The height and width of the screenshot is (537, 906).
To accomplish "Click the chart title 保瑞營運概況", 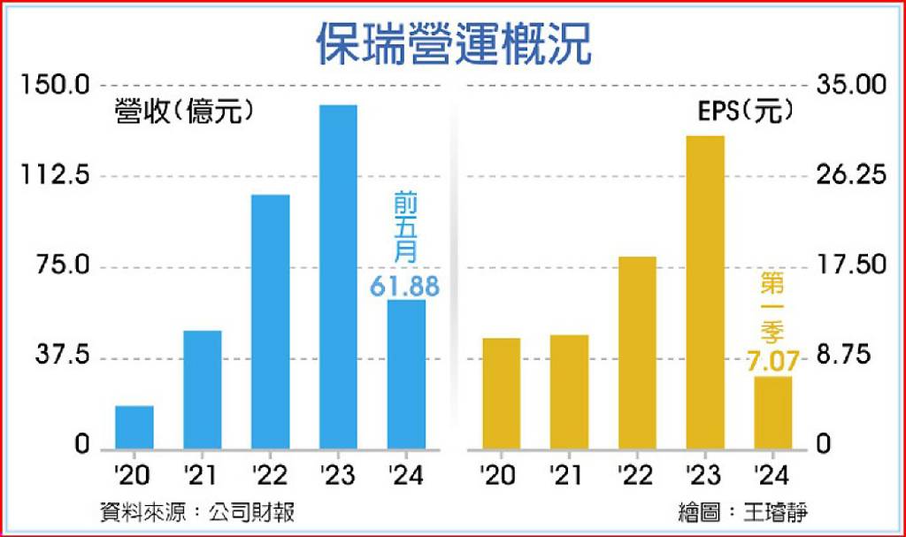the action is click(x=454, y=44).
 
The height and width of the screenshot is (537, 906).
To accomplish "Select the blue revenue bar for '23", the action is click(x=338, y=278).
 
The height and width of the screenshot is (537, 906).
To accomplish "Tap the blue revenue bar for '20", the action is click(x=134, y=428).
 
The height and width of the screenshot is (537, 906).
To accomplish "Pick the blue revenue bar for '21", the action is click(x=203, y=390).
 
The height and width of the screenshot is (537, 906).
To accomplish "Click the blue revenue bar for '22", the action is click(x=271, y=322).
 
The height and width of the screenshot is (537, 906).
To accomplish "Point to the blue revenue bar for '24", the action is click(x=406, y=374).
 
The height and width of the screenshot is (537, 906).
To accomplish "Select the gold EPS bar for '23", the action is click(x=705, y=293).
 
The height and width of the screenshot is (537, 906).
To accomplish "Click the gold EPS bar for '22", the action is click(x=637, y=353).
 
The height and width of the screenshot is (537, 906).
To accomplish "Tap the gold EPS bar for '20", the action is click(x=502, y=395).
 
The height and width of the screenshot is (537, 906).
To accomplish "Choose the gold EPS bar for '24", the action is click(x=773, y=413).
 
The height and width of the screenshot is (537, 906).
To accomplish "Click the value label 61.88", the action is click(x=404, y=287).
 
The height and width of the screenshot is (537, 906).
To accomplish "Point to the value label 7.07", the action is click(x=772, y=361).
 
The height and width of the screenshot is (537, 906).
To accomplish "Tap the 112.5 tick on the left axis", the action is click(x=56, y=174).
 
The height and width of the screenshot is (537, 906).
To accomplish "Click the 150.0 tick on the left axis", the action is click(x=56, y=85).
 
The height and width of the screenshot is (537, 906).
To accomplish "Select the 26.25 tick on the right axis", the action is click(x=851, y=174).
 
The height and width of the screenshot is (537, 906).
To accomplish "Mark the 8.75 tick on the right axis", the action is click(x=843, y=355).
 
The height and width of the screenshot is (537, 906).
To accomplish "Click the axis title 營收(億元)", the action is click(x=184, y=111).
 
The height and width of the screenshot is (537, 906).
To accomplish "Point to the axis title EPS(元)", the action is click(x=745, y=111).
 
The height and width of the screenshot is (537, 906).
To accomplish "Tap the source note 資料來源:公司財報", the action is click(x=197, y=512).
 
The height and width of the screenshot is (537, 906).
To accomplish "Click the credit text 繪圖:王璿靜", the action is click(x=743, y=512).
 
